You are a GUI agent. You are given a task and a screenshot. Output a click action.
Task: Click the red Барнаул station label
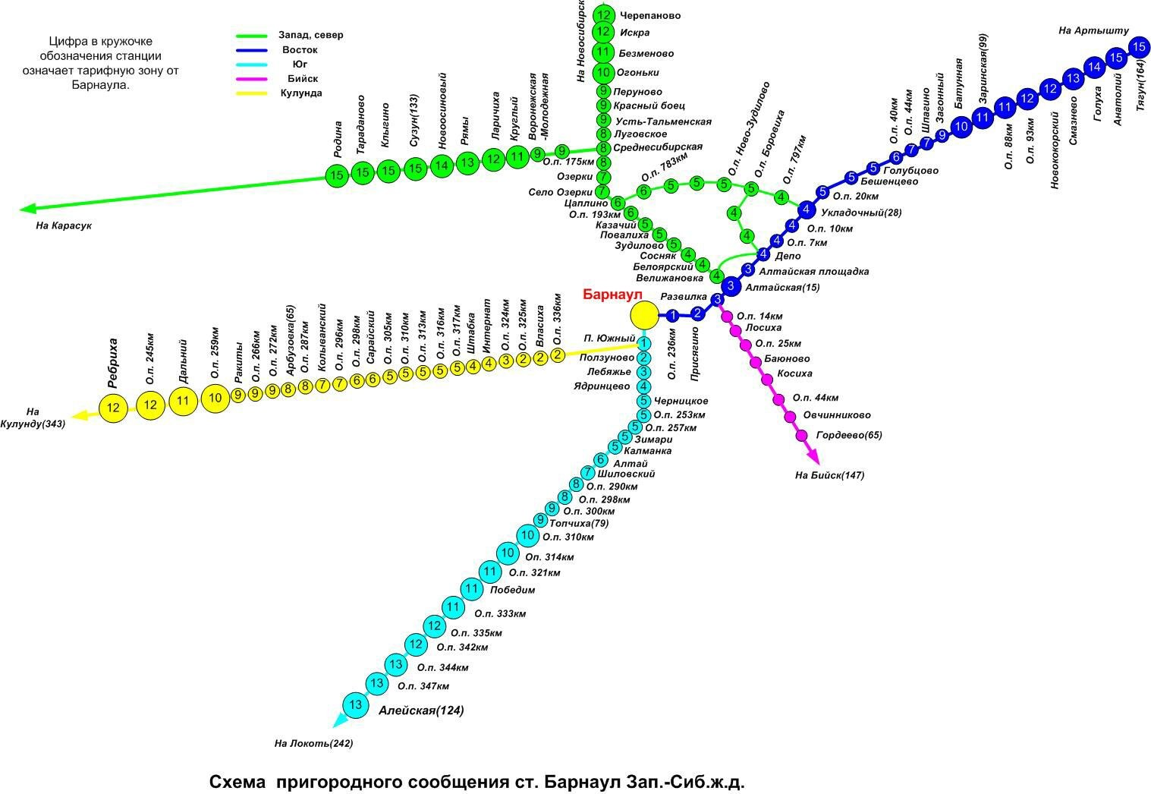click(612, 295)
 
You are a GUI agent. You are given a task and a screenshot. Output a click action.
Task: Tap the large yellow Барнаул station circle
click(644, 314)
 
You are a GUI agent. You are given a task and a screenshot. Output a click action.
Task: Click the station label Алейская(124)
click(420, 711)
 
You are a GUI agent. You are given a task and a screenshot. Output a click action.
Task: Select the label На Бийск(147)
click(829, 475)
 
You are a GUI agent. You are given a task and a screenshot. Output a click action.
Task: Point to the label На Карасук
click(63, 225)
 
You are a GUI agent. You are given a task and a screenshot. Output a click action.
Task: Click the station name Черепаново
click(649, 15)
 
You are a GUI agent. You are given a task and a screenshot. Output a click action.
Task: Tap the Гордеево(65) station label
click(849, 435)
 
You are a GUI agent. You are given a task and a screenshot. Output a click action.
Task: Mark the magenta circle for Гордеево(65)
click(802, 435)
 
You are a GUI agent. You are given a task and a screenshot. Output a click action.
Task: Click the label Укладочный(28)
click(861, 213)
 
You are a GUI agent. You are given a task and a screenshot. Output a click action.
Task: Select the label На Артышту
click(1093, 30)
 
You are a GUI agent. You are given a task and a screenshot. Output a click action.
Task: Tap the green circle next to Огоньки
click(603, 73)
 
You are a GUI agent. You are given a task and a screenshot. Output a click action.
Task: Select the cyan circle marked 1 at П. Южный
click(643, 344)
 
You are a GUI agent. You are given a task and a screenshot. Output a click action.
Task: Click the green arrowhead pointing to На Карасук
click(27, 208)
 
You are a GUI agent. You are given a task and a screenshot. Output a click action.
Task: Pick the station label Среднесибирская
click(657, 147)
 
